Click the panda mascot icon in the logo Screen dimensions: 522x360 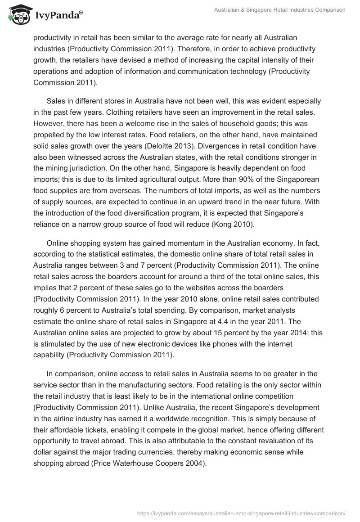17,15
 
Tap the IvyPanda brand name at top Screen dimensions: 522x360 58,16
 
